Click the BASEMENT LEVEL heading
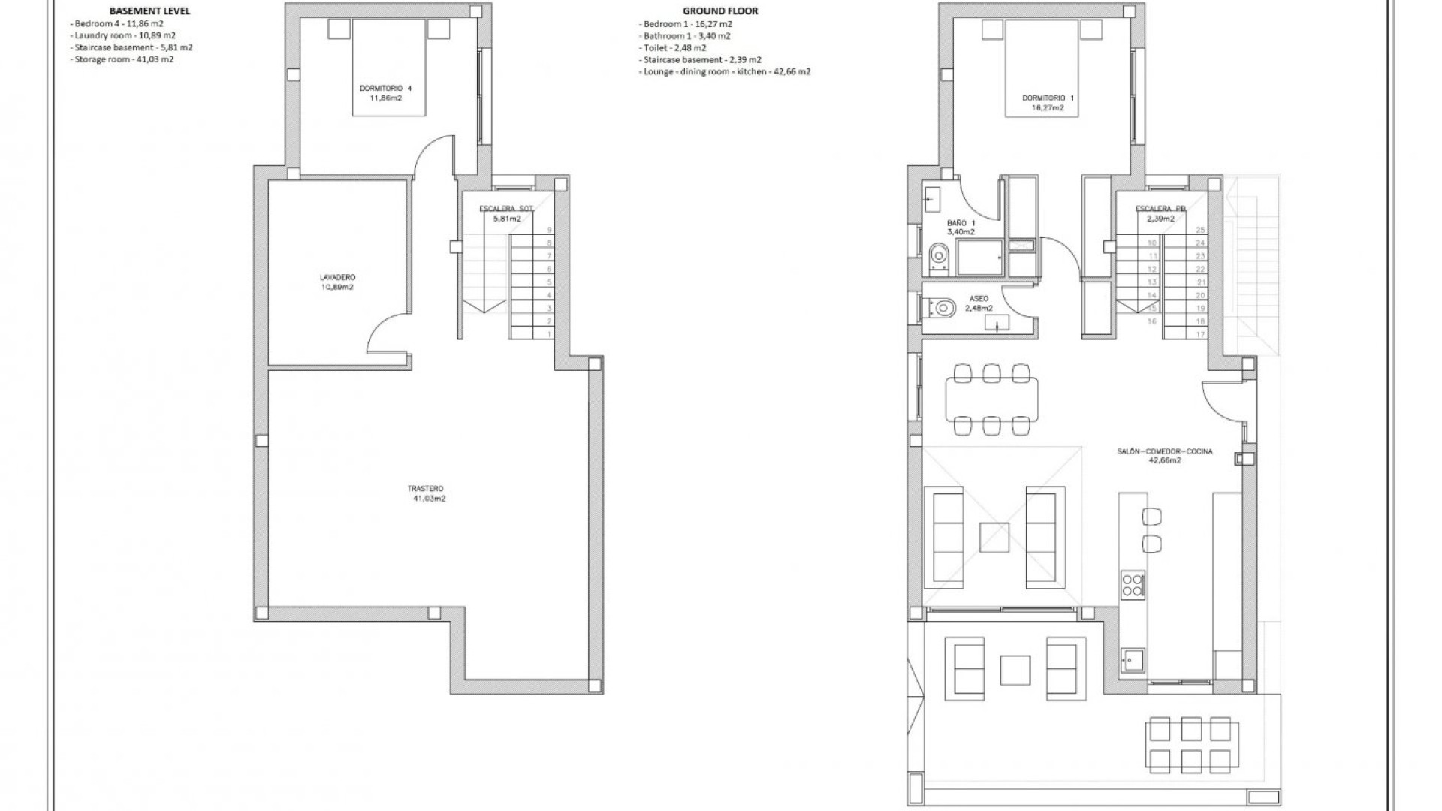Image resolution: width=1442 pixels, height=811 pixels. click(149, 11)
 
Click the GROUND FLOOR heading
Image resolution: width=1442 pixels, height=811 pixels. click(719, 11)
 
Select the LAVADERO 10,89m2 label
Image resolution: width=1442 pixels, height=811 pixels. click(336, 282)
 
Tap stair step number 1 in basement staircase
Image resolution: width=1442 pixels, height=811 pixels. click(549, 334)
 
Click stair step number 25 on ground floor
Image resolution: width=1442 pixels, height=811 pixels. click(1200, 230)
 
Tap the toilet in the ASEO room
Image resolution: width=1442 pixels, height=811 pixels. click(942, 307)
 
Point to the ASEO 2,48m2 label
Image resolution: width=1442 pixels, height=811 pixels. click(979, 303)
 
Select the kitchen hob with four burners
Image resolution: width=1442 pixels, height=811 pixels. click(1133, 584)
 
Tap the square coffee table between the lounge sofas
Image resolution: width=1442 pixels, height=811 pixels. click(994, 538)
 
